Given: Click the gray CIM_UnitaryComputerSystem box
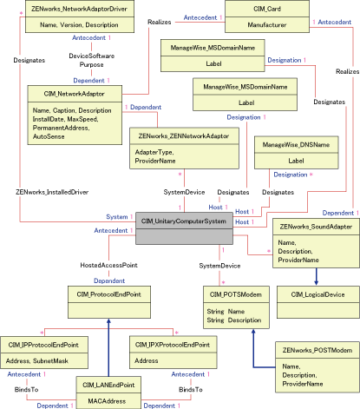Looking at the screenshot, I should click(x=183, y=221).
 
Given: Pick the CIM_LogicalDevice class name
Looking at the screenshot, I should click(x=309, y=294).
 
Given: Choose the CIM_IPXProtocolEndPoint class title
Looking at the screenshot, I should click(x=172, y=344).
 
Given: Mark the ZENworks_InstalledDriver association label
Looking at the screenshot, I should click(x=52, y=191).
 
